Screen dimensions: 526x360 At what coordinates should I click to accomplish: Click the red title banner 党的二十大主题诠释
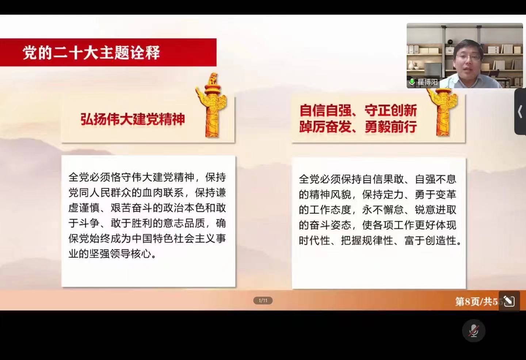pyautogui.click(x=108, y=52)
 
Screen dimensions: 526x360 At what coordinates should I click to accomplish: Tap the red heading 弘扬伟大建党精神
pyautogui.click(x=133, y=120)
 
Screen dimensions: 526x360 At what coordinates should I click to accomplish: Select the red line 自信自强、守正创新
pyautogui.click(x=358, y=110)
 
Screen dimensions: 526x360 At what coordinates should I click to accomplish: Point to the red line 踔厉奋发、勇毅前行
pyautogui.click(x=358, y=127)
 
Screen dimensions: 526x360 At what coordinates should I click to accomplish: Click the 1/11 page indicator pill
pyautogui.click(x=263, y=300)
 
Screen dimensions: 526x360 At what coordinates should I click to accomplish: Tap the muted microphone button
pyautogui.click(x=474, y=331)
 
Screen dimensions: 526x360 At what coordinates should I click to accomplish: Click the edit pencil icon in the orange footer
pyautogui.click(x=509, y=301)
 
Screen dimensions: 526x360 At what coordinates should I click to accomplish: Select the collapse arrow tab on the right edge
pyautogui.click(x=521, y=111)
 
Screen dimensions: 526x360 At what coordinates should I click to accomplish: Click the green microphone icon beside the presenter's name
pyautogui.click(x=412, y=82)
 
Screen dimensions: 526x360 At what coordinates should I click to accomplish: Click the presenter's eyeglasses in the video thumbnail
pyautogui.click(x=468, y=57)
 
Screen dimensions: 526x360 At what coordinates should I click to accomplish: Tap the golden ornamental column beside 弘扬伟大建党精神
pyautogui.click(x=212, y=105)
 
